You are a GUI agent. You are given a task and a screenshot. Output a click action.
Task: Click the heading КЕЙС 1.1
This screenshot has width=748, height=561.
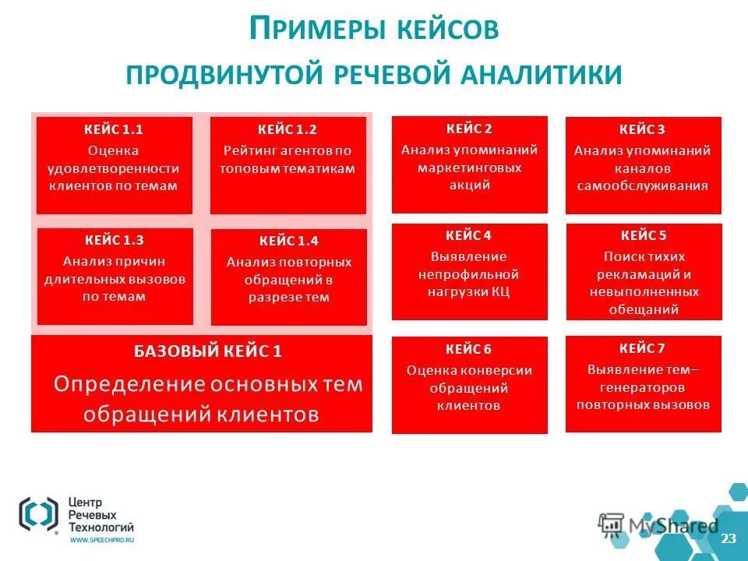114,129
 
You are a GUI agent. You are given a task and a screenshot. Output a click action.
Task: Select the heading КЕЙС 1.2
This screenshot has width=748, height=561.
288,129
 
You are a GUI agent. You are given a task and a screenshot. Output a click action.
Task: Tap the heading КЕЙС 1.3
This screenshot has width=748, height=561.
115,240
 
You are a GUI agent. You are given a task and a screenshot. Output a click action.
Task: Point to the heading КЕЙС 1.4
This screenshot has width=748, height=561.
288,241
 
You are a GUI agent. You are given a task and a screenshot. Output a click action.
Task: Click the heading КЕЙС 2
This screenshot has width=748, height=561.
469,129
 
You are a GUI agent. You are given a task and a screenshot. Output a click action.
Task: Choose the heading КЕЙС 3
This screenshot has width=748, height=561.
643,129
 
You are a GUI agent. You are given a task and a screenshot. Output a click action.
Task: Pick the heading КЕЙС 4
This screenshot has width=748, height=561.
469,235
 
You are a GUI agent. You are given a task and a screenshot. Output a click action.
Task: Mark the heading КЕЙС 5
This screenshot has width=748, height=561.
644,235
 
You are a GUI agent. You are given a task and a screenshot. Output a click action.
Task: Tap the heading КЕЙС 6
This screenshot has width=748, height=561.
469,349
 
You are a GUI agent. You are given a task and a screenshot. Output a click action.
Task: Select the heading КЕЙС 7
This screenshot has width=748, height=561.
643,348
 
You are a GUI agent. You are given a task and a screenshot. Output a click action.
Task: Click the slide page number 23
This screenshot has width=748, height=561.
729,539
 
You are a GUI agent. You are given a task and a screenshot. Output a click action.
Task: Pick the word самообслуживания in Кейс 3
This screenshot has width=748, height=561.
643,186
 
